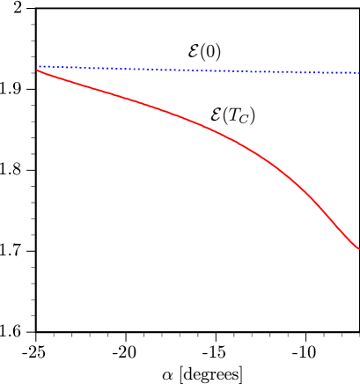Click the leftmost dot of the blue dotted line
39,66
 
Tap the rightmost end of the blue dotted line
358,72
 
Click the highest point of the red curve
37,70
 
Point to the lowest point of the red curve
358,248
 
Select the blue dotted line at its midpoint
198,70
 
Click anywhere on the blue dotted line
132,69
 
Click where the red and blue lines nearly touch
40,69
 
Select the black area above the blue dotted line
176,31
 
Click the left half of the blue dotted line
106,68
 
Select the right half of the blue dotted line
282,71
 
